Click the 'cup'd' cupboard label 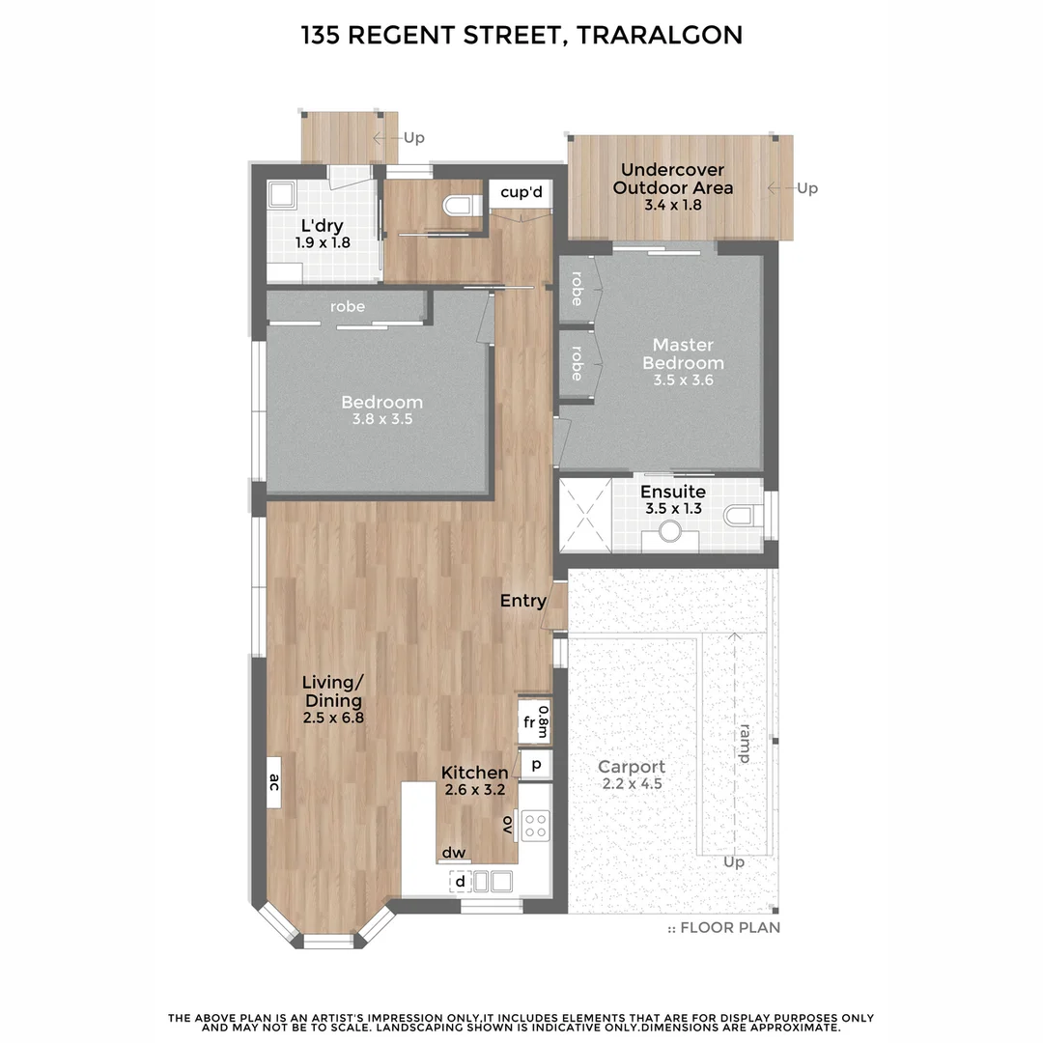coord(521,193)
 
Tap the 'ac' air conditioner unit coord(274,782)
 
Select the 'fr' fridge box coord(529,722)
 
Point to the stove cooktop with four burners coord(535,826)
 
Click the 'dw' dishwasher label coord(454,853)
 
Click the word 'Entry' coord(522,601)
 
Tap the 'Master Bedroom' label coord(683,353)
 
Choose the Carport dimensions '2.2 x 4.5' coord(633,784)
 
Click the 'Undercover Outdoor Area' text coord(672,179)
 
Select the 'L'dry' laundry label coord(322,227)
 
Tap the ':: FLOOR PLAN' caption coord(724,928)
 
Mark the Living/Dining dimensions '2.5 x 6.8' coord(332,718)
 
